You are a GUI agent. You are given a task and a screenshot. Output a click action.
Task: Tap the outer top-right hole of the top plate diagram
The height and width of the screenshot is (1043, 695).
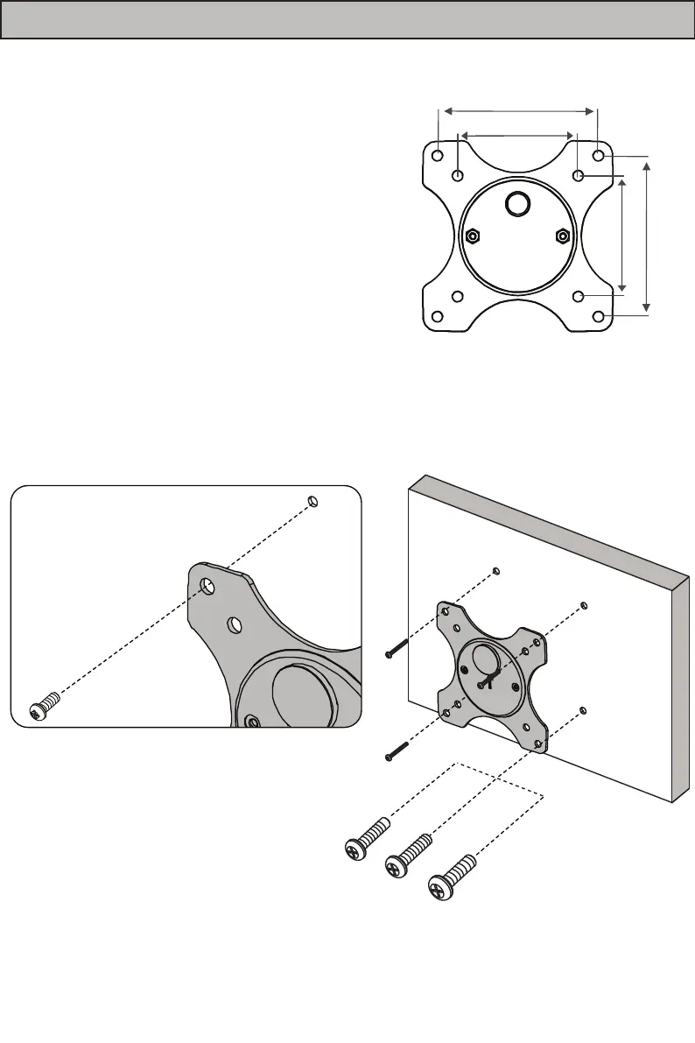[599, 155]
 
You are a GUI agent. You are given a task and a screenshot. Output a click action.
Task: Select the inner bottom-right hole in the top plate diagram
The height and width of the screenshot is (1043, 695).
[578, 296]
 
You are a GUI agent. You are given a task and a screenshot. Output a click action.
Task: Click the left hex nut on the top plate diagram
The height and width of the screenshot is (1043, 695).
[472, 236]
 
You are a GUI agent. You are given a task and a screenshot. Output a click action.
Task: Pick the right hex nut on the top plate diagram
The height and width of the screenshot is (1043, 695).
[562, 236]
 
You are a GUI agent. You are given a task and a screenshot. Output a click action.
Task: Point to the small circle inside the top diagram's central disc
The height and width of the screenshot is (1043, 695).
[517, 203]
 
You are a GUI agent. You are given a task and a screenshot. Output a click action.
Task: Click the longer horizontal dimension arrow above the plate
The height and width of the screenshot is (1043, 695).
[519, 110]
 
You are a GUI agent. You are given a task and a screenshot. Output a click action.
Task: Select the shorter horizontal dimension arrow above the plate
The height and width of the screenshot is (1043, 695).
[517, 135]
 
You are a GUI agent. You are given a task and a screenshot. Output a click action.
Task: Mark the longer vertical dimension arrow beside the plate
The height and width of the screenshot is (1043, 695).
[647, 234]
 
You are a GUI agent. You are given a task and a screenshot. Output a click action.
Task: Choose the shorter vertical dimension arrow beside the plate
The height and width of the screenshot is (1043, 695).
[622, 234]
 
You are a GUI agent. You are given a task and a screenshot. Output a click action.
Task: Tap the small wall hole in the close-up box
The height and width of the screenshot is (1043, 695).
[313, 501]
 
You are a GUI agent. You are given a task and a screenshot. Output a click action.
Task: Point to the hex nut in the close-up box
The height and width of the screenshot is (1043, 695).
[252, 721]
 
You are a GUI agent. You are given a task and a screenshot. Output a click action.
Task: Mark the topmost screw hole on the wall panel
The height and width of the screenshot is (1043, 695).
[495, 571]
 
